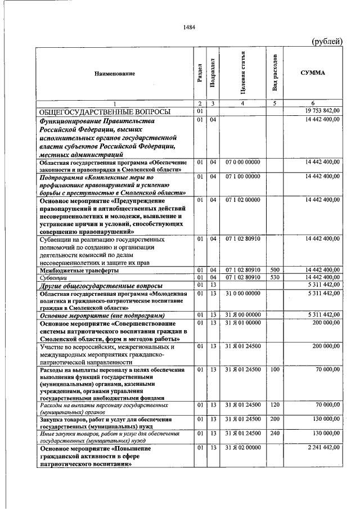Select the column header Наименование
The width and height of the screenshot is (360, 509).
coord(115,74)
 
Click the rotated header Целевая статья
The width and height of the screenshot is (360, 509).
coord(243,74)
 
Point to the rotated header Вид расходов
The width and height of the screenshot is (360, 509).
coord(275,74)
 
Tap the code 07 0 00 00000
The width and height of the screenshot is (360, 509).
coord(243,162)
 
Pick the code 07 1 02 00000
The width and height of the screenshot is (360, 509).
coord(243,200)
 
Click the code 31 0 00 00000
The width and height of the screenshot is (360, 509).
coord(243,294)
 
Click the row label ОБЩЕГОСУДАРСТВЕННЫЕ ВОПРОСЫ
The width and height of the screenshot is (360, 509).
coord(104,111)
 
